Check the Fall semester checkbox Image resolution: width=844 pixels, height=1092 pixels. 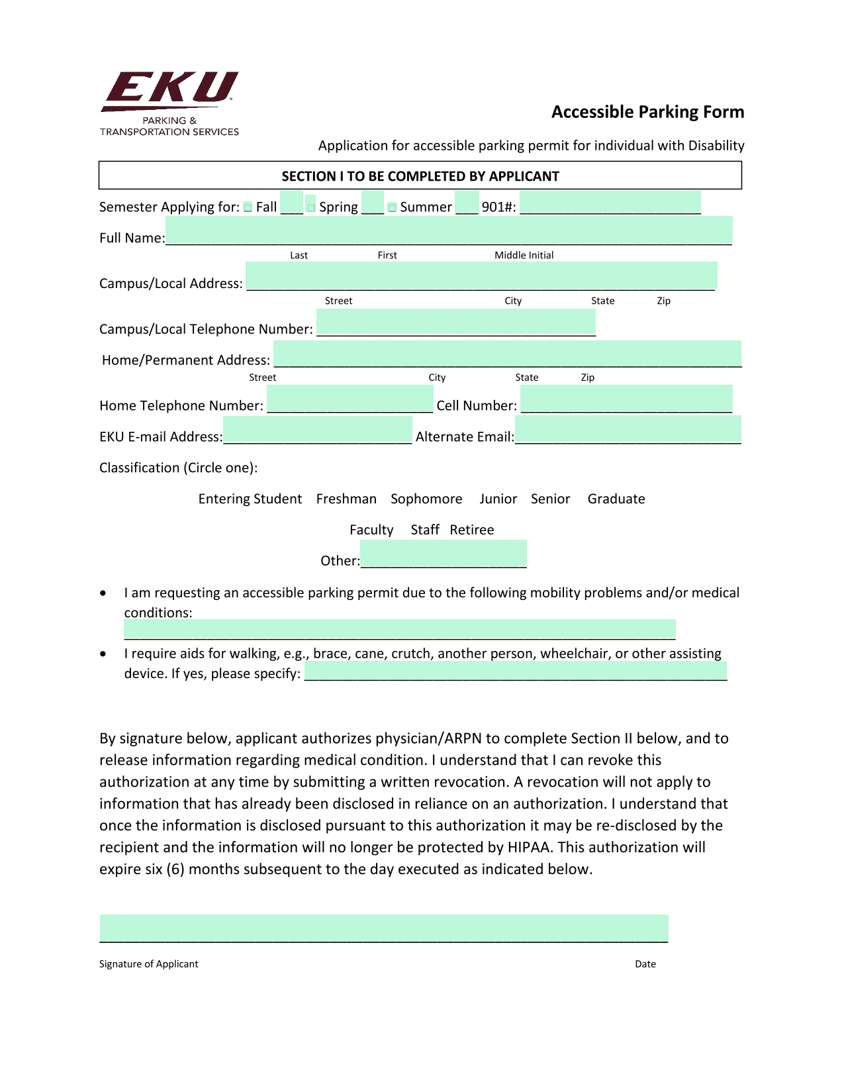248,207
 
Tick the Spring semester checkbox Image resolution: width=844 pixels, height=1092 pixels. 311,207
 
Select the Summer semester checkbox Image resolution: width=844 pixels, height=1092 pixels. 392,207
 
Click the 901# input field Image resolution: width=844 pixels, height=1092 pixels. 610,203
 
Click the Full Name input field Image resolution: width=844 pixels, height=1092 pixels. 449,230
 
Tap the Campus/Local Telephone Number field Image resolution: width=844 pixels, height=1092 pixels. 455,323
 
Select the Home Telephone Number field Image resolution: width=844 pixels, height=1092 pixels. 350,399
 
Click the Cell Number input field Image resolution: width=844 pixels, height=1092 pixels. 626,399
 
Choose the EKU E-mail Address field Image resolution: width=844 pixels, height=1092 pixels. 318,430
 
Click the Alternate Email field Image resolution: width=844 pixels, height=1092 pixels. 628,430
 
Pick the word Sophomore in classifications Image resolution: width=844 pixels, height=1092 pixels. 426,499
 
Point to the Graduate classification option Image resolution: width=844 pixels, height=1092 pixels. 616,499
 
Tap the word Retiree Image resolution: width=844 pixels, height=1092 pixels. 471,530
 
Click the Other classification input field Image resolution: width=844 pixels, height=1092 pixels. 444,554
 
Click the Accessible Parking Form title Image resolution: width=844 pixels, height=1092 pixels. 647,112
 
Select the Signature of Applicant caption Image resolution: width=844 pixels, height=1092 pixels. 149,964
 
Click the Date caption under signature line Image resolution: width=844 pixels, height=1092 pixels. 645,964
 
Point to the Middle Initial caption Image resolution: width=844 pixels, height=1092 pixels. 524,255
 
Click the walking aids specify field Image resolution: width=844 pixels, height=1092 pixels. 516,671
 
